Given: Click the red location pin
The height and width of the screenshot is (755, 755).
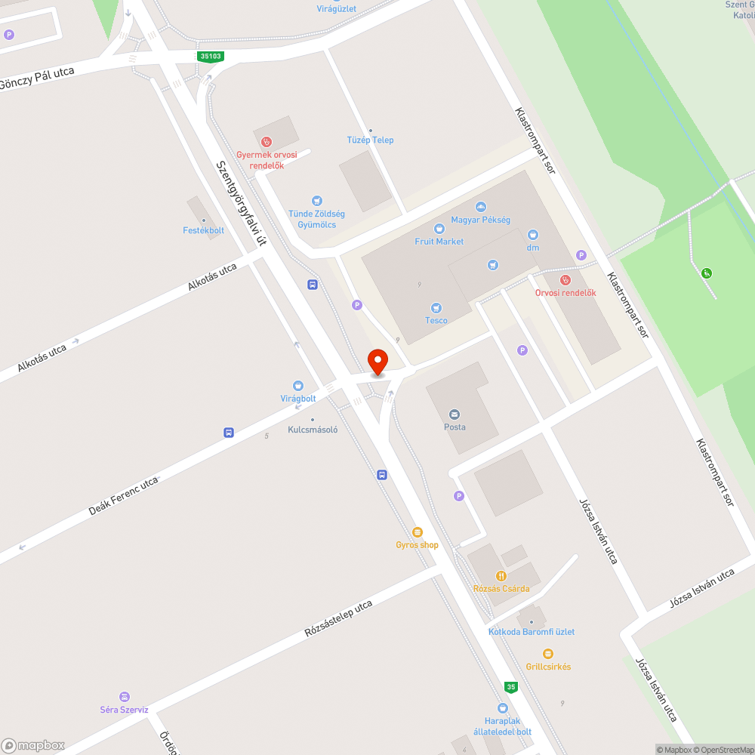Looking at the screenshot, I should pos(377,361).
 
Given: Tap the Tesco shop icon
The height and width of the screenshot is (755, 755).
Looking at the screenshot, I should pos(436,307).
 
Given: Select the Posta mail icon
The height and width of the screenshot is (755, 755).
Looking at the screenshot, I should pos(455,414).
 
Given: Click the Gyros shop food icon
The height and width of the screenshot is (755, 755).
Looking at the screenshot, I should pos(417,532).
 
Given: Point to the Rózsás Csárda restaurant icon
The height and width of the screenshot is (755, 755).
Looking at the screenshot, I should pos(501,576).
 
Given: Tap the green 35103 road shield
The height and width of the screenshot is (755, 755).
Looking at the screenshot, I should pos(211,56).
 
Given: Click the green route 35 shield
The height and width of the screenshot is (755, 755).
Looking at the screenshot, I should pos(512,687).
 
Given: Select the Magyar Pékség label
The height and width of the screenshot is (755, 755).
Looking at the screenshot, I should pos(480,220).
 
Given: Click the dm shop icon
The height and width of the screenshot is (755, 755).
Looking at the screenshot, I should pos(533,235).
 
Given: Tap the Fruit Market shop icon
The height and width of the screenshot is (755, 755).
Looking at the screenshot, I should pos(439,229).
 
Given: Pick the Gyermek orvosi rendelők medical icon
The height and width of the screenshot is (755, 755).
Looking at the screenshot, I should pos(266,141).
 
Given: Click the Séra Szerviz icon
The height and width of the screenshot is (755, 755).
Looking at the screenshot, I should pos(125,697).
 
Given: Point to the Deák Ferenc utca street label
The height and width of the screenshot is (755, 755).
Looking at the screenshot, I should pos(124,496).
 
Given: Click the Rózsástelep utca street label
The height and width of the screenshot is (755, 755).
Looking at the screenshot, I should pos(338,619).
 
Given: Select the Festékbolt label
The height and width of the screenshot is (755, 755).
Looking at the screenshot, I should pos(203,230).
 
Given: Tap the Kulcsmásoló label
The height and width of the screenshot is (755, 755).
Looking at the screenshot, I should pos(313,430).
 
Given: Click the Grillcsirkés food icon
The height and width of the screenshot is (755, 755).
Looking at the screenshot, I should pos(548,654).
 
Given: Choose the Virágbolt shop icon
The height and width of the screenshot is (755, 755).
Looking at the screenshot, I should pos(297,385).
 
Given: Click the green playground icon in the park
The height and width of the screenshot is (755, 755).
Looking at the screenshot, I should pos(707,273).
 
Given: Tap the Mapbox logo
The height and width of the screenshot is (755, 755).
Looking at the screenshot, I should pos(33,745).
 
